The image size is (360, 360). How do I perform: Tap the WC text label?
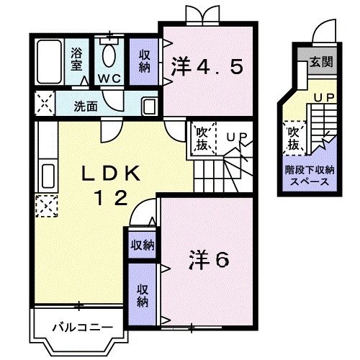109,77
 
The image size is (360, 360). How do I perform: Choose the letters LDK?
114,174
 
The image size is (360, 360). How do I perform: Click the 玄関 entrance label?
321,62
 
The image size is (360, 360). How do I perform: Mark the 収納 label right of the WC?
145,60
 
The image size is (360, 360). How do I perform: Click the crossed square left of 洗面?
42,105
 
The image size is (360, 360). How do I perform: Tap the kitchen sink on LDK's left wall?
48,176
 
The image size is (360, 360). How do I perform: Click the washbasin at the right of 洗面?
148,106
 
